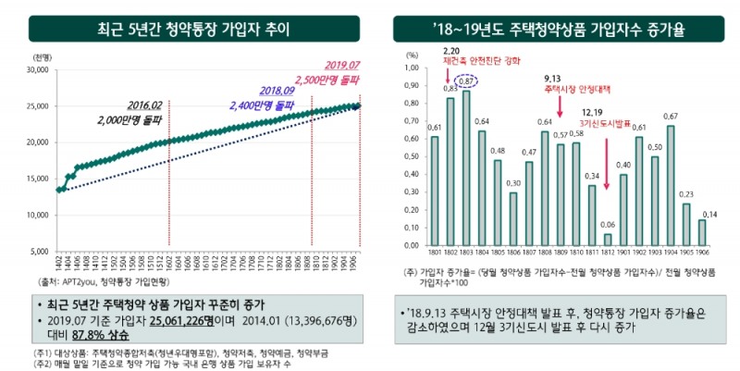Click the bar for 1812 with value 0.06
608,241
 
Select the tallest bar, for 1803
467,168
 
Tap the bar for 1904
671,186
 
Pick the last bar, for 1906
703,233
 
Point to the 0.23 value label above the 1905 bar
686,195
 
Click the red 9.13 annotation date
553,79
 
